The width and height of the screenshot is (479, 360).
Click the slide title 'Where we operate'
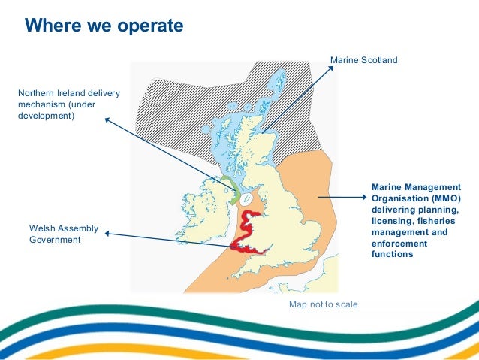tap(104, 26)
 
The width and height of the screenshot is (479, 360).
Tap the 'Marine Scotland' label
tap(363, 59)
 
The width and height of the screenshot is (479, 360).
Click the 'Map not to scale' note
tap(324, 304)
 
